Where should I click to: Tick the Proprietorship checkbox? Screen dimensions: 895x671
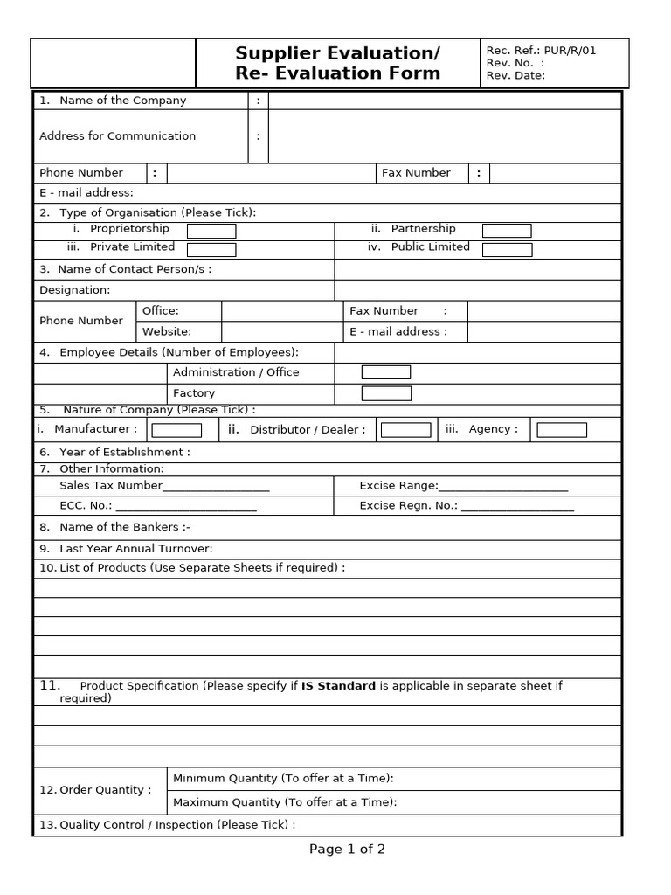pos(211,231)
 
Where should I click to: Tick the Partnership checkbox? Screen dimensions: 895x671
pos(507,231)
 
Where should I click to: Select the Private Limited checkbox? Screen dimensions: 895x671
pos(211,249)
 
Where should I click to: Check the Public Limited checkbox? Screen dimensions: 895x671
pos(507,250)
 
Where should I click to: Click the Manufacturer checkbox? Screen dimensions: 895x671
pos(176,430)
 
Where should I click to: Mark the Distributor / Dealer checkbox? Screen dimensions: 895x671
pos(406,430)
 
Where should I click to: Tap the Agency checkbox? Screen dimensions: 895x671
pos(562,430)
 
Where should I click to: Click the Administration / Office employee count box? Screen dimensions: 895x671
pos(386,372)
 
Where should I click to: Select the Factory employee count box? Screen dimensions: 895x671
pos(386,393)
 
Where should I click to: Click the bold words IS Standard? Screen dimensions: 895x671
pos(338,686)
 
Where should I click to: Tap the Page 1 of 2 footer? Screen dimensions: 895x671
pos(347,849)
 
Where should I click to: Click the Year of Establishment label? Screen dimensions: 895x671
pos(124,452)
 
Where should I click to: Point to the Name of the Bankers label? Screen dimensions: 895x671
pos(124,527)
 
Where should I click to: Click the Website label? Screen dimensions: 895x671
pos(167,331)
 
